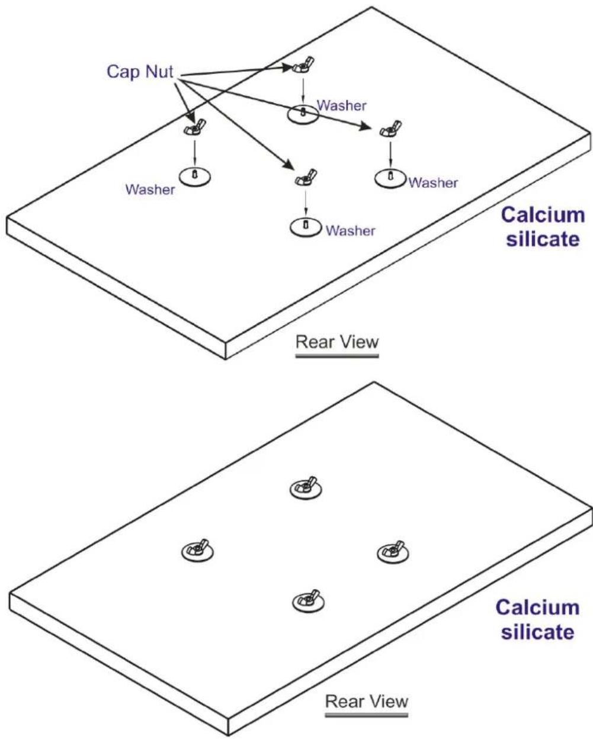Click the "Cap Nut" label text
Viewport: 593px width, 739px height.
pyautogui.click(x=140, y=72)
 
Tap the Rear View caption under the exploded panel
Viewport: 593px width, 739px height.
pyautogui.click(x=337, y=342)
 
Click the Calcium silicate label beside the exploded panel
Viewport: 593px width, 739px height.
pyautogui.click(x=543, y=227)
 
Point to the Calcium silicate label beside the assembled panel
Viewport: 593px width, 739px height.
pyautogui.click(x=538, y=619)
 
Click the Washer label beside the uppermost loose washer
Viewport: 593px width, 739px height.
pyautogui.click(x=341, y=106)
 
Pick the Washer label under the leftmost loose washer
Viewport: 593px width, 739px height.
pyautogui.click(x=150, y=189)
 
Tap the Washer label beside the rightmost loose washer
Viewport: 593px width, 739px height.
pyautogui.click(x=433, y=183)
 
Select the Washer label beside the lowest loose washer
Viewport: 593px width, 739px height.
pyautogui.click(x=351, y=230)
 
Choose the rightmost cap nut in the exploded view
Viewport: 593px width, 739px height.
pyautogui.click(x=391, y=128)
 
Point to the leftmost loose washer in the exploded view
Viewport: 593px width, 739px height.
pyautogui.click(x=195, y=177)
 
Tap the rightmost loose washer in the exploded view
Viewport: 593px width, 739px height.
pyautogui.click(x=390, y=179)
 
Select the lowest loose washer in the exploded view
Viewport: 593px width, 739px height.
pyautogui.click(x=306, y=227)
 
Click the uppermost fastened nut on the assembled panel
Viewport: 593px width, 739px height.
pyautogui.click(x=306, y=488)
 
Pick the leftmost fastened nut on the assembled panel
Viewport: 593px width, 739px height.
pyautogui.click(x=197, y=551)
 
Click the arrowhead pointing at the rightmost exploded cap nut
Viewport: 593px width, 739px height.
pyautogui.click(x=368, y=127)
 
